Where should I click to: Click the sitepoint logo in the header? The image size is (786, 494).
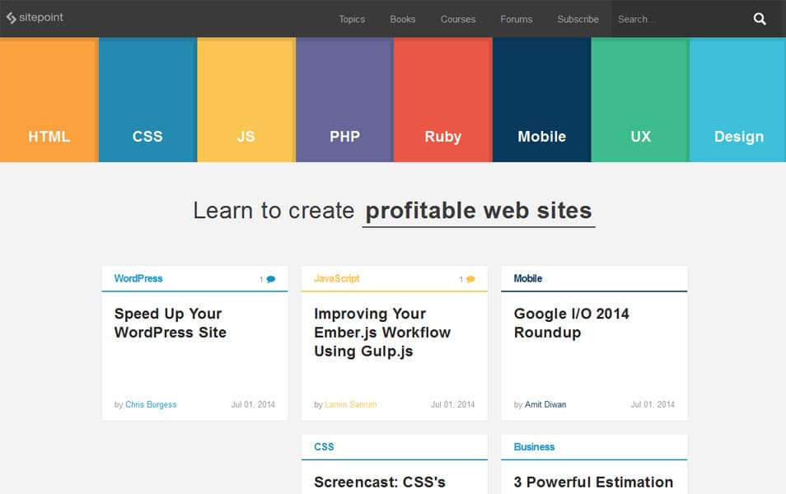tap(35, 17)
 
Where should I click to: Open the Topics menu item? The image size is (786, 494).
tap(352, 19)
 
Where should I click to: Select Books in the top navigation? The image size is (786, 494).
tap(403, 19)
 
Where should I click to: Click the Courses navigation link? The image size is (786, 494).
tap(457, 19)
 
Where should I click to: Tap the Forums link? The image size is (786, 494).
tap(517, 19)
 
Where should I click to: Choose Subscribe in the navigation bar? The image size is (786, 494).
tap(578, 19)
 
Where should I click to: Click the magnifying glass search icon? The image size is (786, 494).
tap(760, 19)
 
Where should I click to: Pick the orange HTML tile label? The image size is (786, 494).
tap(49, 137)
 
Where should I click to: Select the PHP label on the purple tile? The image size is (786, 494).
tap(345, 137)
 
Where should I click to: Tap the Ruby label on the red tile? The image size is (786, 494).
tap(443, 137)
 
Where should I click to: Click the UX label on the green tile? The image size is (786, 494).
tap(641, 137)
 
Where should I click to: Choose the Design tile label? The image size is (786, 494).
tap(739, 137)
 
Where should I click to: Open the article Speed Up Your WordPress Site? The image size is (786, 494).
tap(171, 323)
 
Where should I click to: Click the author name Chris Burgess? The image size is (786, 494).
tap(151, 404)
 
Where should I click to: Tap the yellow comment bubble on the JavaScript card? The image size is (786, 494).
tap(470, 279)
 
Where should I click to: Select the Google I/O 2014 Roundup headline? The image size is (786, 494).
tap(572, 323)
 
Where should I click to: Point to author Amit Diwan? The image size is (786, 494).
tap(545, 404)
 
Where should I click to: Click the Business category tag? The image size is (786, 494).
tap(535, 447)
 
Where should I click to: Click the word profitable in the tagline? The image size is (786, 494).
tap(420, 211)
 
